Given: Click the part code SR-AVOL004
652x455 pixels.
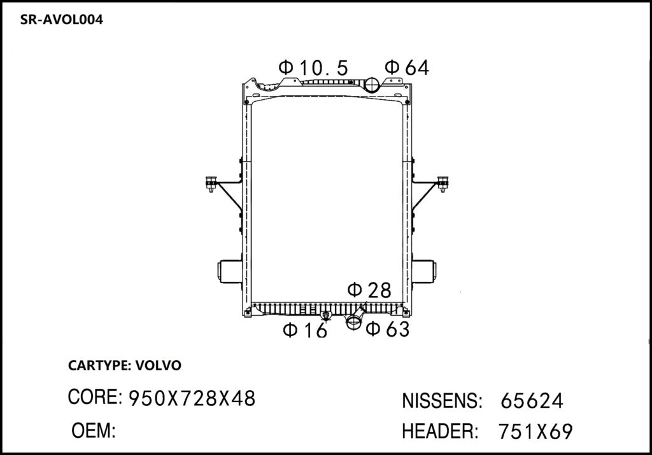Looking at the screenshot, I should tap(62, 20).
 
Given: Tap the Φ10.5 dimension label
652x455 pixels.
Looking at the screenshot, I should tap(313, 67).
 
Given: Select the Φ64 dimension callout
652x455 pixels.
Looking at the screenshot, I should tap(407, 67).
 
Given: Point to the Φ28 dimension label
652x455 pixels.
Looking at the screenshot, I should tap(369, 290).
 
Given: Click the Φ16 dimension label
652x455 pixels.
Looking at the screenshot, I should tap(305, 330).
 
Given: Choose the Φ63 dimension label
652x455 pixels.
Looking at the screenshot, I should tap(387, 328).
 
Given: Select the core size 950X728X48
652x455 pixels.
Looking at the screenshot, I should tap(192, 398).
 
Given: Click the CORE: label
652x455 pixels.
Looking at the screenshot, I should tap(95, 398).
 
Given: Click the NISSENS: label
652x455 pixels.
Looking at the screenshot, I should tap(441, 401).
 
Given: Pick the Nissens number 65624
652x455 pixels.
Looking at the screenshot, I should tap(532, 401).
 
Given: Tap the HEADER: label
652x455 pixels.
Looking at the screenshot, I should tap(440, 431).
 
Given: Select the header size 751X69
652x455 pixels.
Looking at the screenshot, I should tap(535, 431).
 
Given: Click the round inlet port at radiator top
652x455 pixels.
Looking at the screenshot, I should tap(372, 85).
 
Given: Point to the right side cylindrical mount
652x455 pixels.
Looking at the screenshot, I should tap(423, 272).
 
